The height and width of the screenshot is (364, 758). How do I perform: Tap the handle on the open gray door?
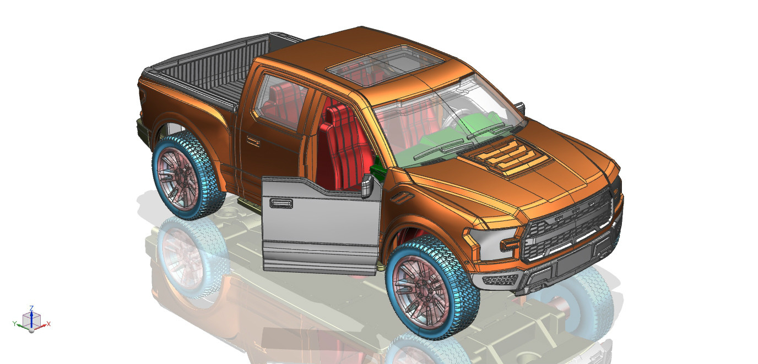(x=281, y=203)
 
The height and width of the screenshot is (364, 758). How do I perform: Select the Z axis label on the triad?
(x=31, y=308)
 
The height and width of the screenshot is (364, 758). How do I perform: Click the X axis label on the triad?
(x=48, y=324)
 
